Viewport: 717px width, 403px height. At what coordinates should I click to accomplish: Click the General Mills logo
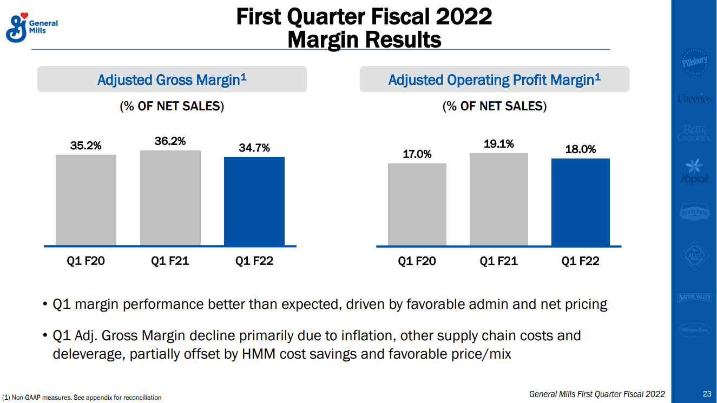31,28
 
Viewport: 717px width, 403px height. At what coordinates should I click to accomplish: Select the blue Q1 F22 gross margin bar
254,201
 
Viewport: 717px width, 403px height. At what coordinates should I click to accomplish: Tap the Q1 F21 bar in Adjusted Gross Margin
170,198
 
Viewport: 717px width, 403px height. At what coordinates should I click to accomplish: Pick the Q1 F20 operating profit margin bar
417,204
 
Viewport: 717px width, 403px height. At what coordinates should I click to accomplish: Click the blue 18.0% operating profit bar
581,202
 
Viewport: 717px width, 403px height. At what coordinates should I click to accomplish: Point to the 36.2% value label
170,141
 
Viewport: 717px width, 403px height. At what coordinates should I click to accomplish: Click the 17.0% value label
417,154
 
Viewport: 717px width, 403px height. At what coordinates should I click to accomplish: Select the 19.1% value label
499,144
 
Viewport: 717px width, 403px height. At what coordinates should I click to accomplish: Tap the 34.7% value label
254,148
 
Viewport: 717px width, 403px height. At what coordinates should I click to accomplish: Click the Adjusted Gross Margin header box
172,80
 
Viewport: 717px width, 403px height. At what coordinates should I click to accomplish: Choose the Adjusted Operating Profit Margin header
495,80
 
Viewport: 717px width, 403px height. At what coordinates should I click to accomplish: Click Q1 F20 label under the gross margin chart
85,261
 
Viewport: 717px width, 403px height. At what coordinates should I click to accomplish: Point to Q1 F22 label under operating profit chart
581,261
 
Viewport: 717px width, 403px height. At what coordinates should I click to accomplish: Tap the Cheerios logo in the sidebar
694,98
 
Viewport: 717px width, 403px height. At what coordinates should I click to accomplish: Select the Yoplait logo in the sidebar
694,172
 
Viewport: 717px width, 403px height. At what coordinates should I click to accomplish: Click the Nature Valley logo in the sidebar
694,298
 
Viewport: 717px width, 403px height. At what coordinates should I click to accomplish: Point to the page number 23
707,394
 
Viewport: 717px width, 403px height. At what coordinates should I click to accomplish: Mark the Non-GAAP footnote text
82,398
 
